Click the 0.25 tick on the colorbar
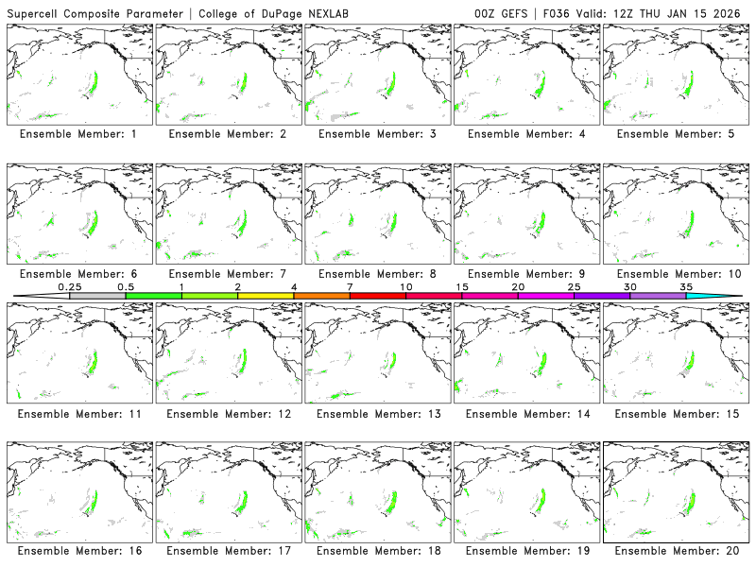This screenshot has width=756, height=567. (70, 295)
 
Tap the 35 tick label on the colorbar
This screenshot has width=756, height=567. (686, 285)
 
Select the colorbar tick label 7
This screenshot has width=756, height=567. (350, 285)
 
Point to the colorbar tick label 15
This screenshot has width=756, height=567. (462, 285)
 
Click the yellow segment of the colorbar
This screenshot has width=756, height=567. (266, 296)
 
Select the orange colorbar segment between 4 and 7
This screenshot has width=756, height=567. (321, 296)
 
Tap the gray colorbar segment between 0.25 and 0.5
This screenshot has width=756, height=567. (97, 296)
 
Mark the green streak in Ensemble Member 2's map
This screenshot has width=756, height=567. (243, 83)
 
